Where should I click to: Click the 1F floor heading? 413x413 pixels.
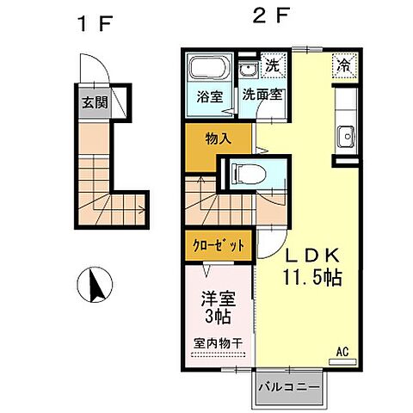tap(93, 23)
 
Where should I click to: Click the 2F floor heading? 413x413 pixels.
tap(264, 16)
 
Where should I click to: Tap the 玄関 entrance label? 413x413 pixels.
tap(93, 104)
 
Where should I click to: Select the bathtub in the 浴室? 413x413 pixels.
tap(206, 69)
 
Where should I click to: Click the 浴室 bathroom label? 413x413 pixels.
tap(210, 97)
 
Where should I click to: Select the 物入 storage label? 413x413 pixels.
tap(219, 139)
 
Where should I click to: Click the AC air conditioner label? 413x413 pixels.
tap(342, 350)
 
